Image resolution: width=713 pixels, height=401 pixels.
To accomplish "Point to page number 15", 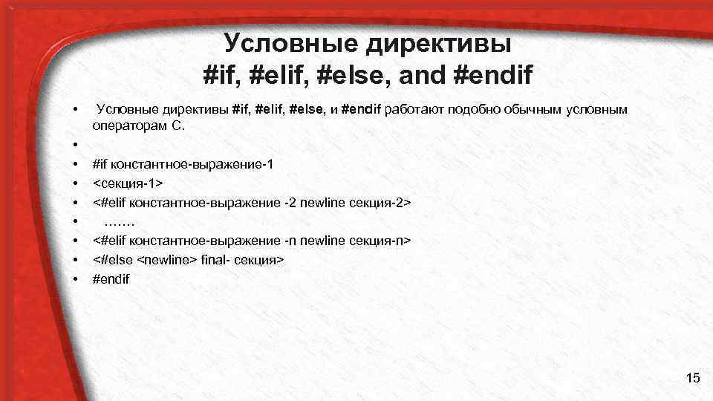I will (x=693, y=379).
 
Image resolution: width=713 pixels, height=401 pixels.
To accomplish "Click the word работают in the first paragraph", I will (x=411, y=110).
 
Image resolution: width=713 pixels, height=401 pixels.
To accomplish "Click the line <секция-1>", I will (x=128, y=183).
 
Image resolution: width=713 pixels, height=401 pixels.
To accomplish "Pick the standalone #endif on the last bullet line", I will (x=111, y=279).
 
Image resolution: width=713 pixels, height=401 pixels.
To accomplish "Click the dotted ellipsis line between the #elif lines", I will (x=120, y=221).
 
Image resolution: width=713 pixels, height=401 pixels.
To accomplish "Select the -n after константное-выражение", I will (x=293, y=241).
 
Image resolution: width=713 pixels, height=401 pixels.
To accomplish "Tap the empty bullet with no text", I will (x=76, y=144).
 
